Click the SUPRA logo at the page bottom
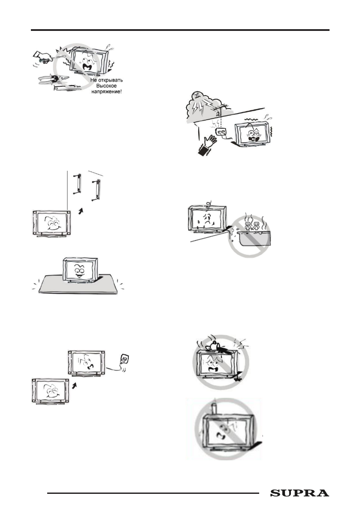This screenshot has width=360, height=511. (x=299, y=493)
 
